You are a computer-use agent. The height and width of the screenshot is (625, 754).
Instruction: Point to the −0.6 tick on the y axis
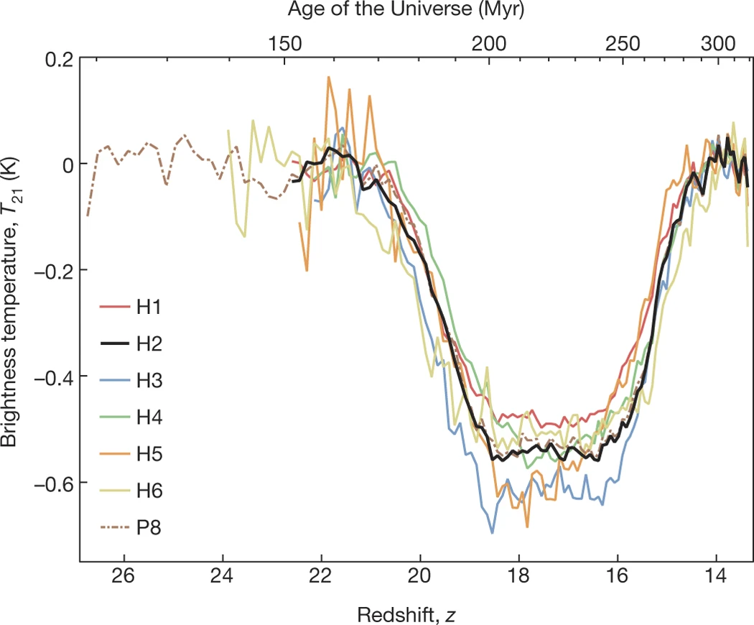[52, 482]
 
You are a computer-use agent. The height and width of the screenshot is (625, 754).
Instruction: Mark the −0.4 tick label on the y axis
[52, 376]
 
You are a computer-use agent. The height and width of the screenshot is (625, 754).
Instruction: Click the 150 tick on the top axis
[285, 42]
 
